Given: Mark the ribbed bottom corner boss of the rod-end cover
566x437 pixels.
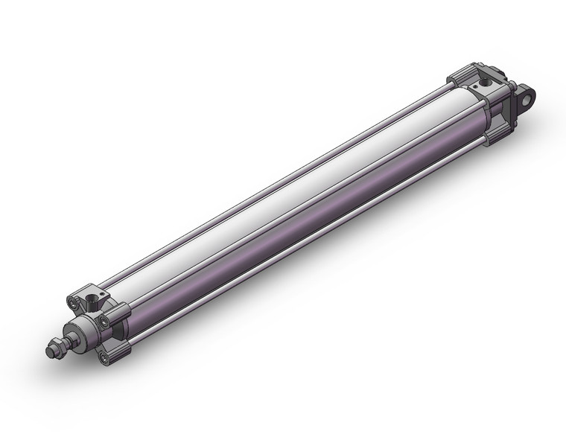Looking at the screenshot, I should tap(119, 350).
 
